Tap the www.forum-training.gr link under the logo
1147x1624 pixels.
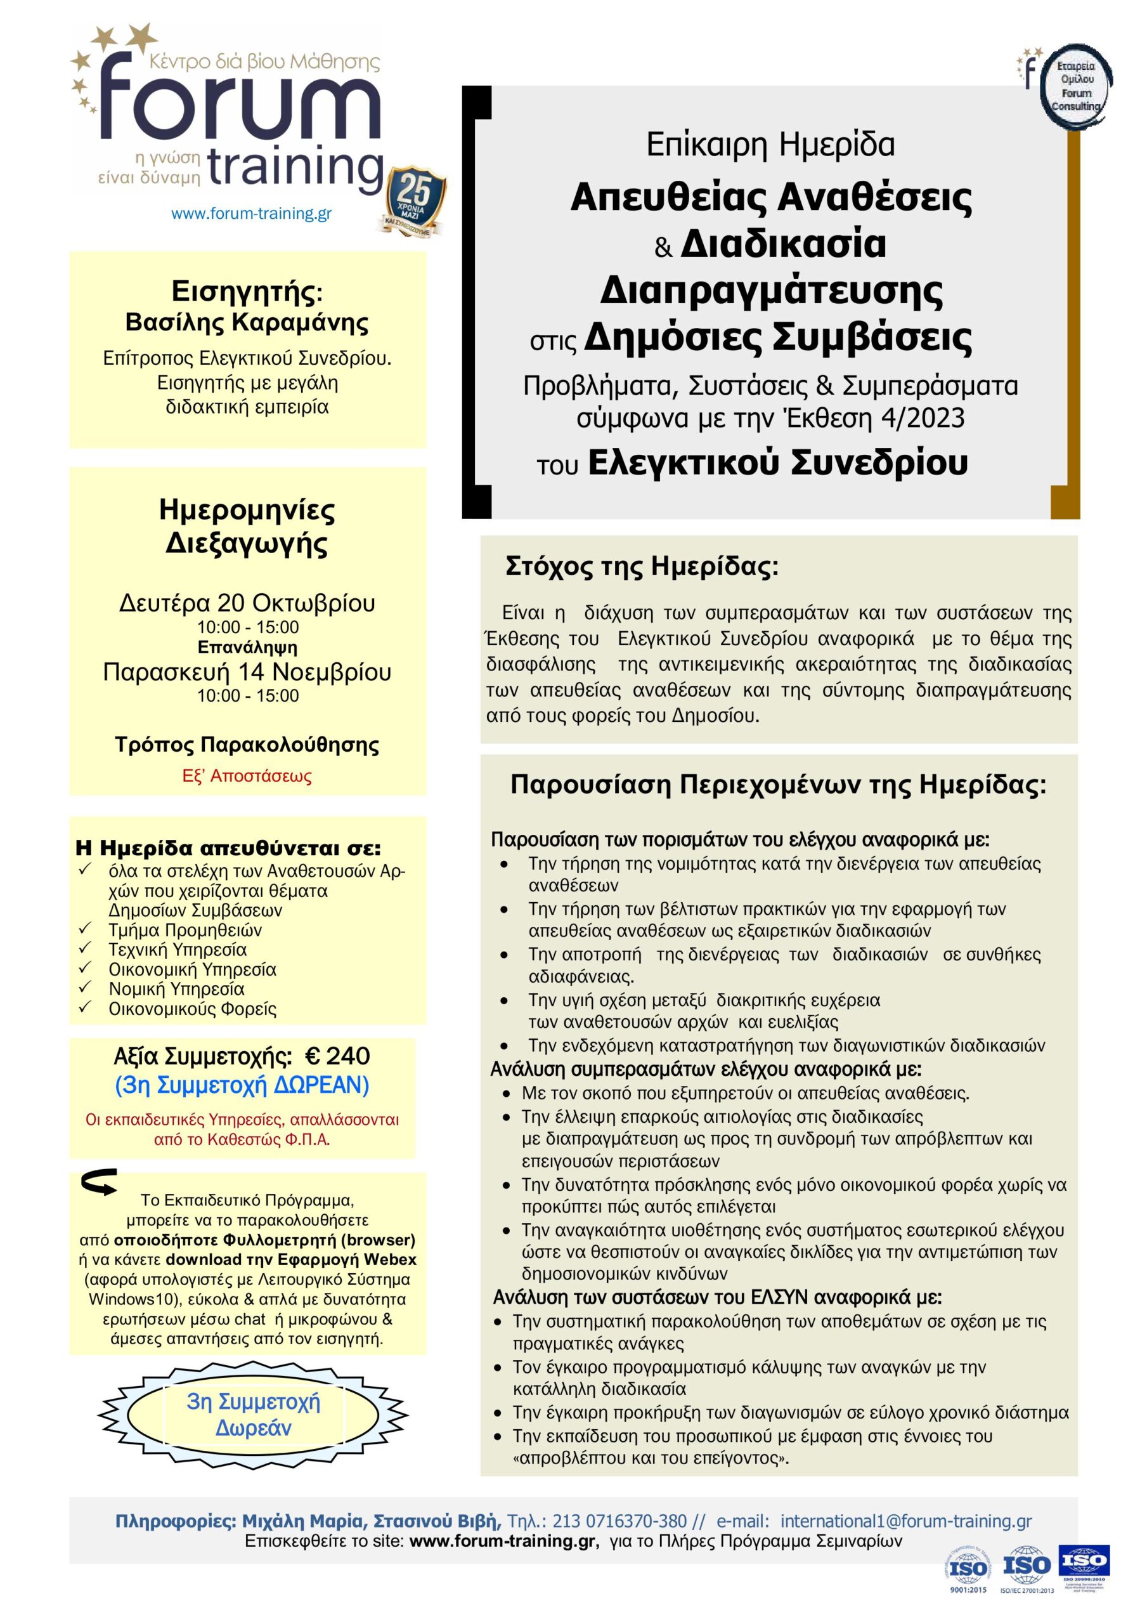251,213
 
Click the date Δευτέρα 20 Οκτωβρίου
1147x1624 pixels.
247,603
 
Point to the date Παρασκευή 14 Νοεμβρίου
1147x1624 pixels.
247,671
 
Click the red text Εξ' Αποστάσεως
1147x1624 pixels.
247,776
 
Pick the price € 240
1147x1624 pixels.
337,1056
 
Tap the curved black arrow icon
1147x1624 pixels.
100,1182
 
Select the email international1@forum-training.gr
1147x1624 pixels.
906,1521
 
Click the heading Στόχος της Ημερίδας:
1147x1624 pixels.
642,567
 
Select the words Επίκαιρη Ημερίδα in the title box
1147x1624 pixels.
770,145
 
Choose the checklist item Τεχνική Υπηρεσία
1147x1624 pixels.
178,949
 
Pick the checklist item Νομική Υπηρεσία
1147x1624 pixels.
176,989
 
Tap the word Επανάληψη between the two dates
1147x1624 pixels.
247,647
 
